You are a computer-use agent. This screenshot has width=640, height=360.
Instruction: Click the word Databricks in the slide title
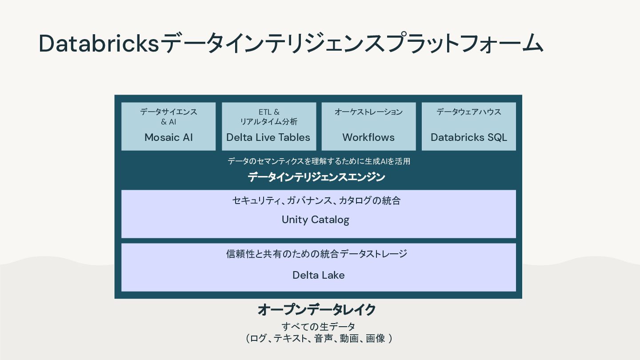(99, 44)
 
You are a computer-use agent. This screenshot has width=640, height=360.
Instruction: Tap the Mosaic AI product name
(168, 137)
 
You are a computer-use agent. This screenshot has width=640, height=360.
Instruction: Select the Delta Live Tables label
(268, 137)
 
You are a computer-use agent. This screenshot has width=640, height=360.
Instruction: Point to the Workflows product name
(368, 137)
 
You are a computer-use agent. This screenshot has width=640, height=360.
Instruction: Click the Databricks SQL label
(468, 137)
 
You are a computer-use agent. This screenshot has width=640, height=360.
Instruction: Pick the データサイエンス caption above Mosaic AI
(168, 112)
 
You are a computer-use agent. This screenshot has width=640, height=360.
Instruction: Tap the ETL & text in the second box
(269, 112)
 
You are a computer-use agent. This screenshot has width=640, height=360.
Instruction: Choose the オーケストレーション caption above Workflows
(368, 112)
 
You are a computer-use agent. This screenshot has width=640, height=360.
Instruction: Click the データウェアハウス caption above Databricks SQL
(468, 112)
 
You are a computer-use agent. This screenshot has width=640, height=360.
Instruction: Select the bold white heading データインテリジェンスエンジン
(316, 177)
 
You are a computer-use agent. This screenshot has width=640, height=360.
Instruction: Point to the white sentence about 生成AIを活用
(319, 161)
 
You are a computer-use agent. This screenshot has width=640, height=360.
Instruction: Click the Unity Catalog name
(316, 220)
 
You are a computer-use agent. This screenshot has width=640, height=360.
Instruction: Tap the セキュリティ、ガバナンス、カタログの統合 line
(316, 200)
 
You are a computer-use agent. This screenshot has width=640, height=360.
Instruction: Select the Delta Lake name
(318, 275)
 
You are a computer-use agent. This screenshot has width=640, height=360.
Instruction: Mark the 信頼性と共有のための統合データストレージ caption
(316, 254)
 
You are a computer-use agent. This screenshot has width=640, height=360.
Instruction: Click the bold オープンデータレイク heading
(317, 309)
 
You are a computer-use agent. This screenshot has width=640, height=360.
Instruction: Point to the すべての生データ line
(318, 327)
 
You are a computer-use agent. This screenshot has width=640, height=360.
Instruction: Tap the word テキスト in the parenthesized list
(290, 339)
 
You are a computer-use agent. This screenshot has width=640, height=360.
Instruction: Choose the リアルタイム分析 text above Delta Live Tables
(269, 122)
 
